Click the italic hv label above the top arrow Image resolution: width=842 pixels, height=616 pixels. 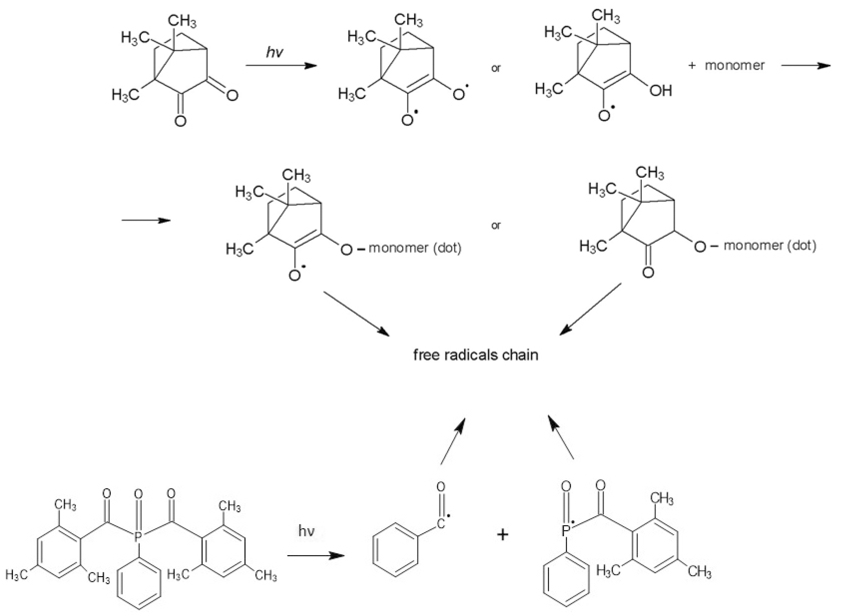pos(274,52)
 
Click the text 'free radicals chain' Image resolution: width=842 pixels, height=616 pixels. pos(476,355)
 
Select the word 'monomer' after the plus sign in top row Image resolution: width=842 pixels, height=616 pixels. pos(734,66)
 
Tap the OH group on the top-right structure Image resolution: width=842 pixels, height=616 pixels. pos(660,91)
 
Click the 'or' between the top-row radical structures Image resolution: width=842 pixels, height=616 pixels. pos(496,68)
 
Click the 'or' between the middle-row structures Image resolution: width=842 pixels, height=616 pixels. pos(496,225)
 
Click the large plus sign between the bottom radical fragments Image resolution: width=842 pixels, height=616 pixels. pos(502,535)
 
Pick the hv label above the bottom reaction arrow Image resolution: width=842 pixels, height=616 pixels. pos(306,531)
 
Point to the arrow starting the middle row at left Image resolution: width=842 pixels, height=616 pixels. pos(146,220)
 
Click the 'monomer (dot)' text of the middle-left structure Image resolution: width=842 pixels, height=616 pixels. pos(415,248)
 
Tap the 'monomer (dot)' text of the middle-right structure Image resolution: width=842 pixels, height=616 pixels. pos(770,245)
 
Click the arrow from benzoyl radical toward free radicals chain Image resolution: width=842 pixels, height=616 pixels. pos(453,442)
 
